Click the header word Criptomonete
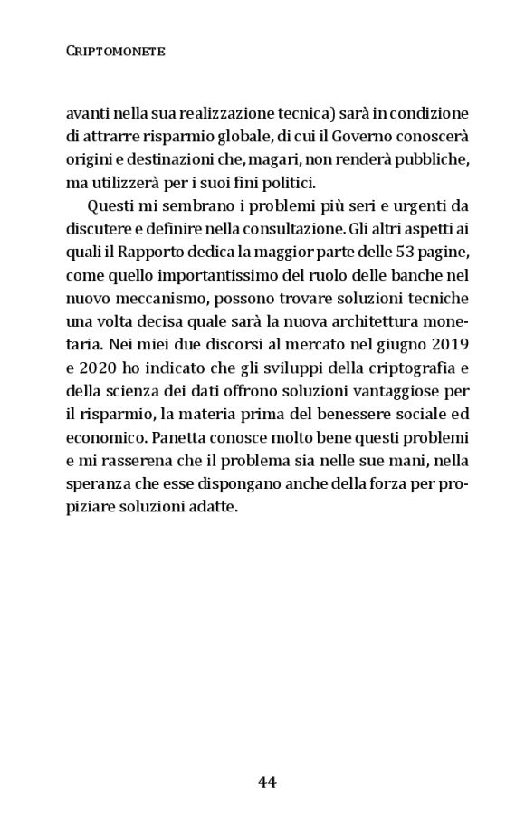point(116,54)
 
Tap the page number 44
point(267,780)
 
